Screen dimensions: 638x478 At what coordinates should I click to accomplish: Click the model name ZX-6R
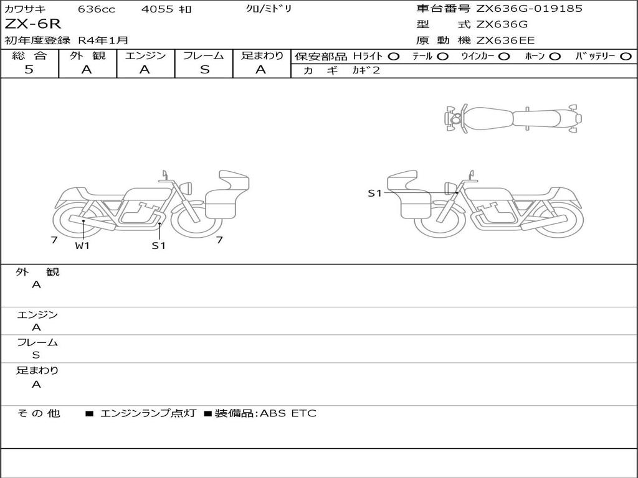pyautogui.click(x=32, y=24)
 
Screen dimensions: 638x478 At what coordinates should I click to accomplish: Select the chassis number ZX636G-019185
pyautogui.click(x=529, y=8)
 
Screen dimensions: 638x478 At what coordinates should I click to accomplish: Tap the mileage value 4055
pyautogui.click(x=157, y=9)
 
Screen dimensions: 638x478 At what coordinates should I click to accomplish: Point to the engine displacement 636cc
pyautogui.click(x=97, y=9)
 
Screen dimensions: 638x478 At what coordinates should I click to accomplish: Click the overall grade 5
pyautogui.click(x=29, y=70)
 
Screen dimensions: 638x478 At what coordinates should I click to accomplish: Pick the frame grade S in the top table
pyautogui.click(x=204, y=70)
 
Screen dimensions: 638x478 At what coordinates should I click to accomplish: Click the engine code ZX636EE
pyautogui.click(x=505, y=40)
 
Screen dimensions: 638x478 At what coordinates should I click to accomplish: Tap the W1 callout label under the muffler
pyautogui.click(x=82, y=245)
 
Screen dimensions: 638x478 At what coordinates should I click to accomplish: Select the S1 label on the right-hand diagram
pyautogui.click(x=374, y=193)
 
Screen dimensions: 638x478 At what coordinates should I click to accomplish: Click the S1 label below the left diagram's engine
pyautogui.click(x=159, y=245)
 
